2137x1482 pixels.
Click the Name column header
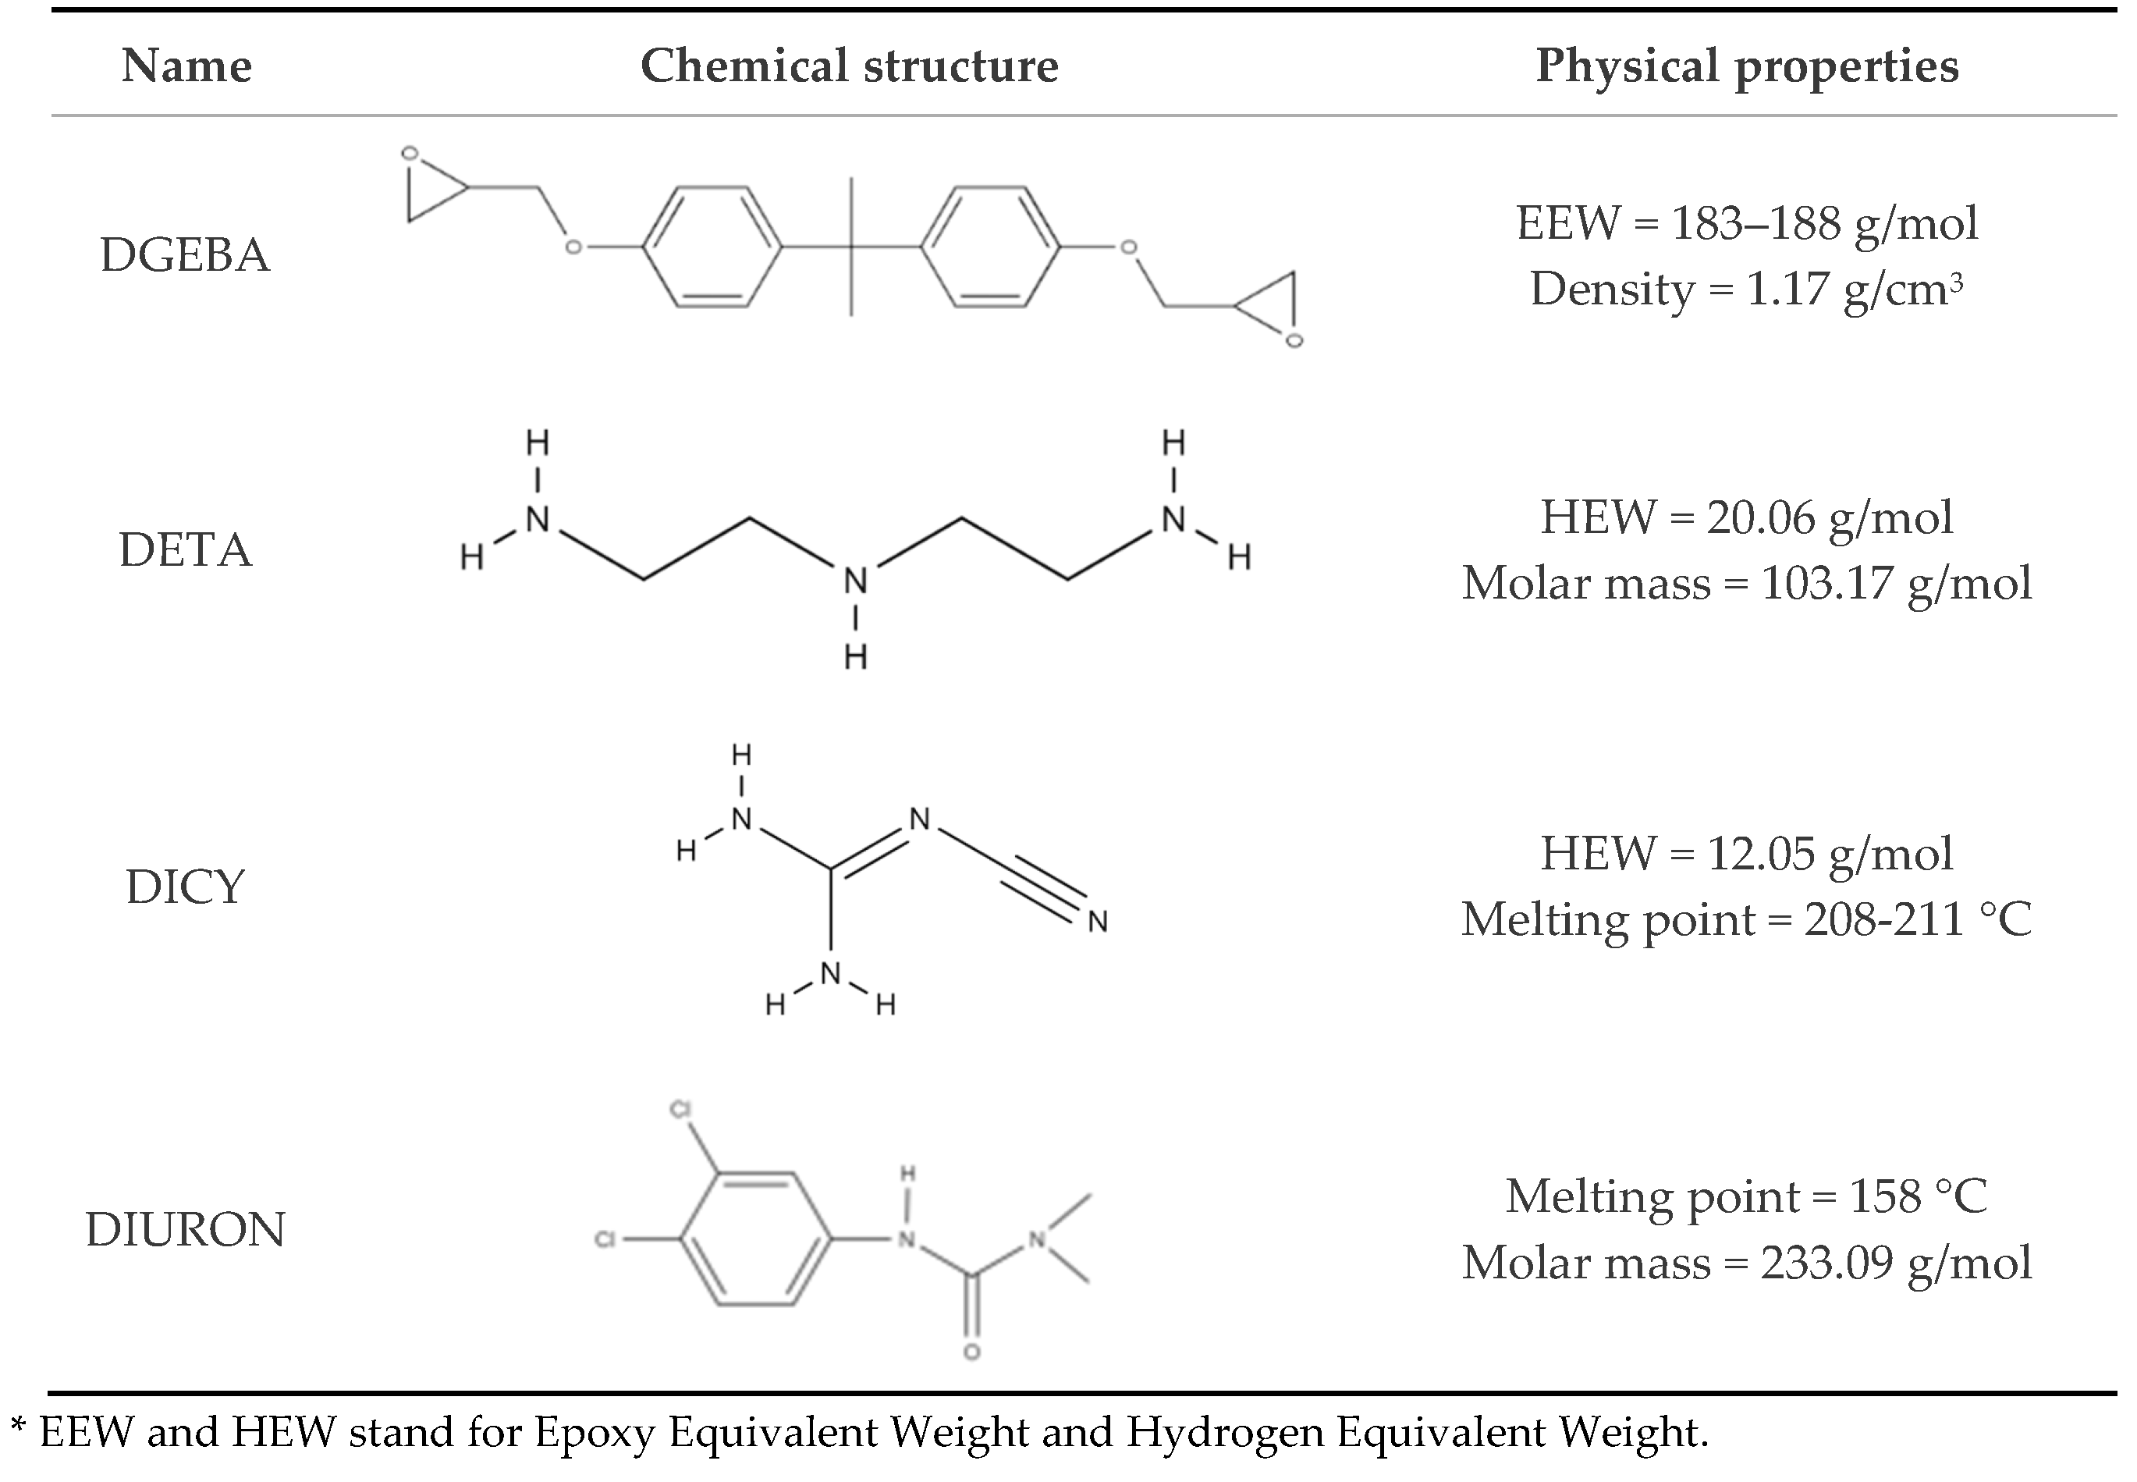coord(186,66)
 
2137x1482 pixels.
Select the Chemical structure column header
coord(849,66)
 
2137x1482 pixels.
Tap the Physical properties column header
coord(1747,66)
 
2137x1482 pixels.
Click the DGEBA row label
coord(185,255)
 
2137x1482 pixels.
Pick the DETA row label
coord(185,549)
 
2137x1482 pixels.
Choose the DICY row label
coord(185,887)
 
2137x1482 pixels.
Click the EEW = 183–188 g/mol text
coord(1747,223)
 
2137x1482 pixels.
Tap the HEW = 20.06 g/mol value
coord(1747,517)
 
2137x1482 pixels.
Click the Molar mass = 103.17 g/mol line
coord(1747,583)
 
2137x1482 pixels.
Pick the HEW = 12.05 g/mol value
coord(1747,853)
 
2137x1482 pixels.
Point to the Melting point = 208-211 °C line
coord(1747,919)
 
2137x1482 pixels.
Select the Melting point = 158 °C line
coord(1747,1196)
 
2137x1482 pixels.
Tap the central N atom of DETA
coord(855,581)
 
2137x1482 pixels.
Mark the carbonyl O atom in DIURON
coord(972,1352)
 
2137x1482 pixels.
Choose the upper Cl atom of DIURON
coord(680,1111)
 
